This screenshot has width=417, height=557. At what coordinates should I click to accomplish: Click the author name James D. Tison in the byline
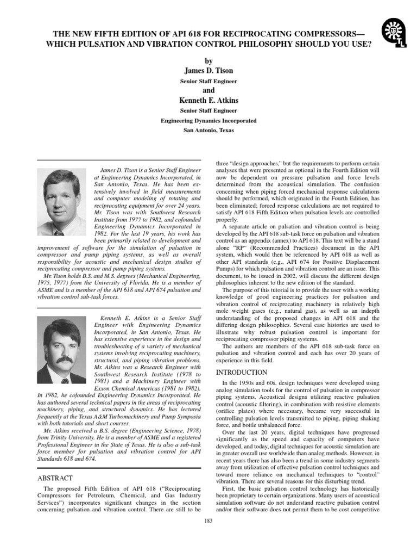pos(208,70)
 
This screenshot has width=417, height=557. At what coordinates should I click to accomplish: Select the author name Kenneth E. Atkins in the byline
pos(208,101)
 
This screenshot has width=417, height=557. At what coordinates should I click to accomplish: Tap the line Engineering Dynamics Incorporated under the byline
pos(208,121)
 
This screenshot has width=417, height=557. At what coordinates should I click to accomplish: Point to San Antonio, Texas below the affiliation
pos(208,131)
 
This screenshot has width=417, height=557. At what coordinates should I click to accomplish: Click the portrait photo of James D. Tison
pos(61,201)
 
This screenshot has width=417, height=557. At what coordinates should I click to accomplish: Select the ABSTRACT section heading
pos(54,478)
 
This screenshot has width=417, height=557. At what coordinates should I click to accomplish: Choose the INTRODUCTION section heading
pos(242,373)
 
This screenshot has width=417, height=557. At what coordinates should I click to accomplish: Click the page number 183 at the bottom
pos(208,522)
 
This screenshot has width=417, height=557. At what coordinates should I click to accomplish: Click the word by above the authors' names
pos(208,60)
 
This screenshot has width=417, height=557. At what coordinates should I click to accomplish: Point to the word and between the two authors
pos(208,90)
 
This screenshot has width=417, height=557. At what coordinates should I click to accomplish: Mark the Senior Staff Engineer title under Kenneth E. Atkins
pos(208,111)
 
